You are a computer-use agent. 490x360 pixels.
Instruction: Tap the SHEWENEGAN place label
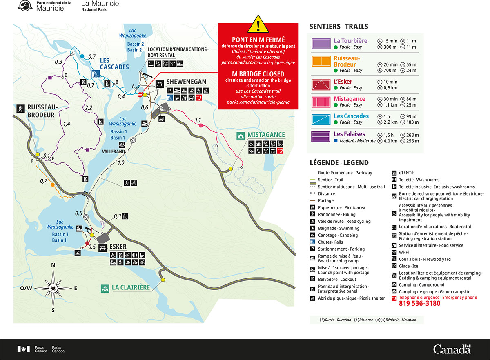(186, 82)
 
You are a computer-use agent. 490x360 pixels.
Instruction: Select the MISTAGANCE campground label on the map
(266, 135)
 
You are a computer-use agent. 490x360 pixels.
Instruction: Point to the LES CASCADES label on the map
(114, 64)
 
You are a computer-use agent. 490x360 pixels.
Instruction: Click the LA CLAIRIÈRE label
(131, 288)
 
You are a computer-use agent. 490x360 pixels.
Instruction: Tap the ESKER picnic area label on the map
(118, 247)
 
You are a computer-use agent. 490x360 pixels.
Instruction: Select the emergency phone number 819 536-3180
(419, 304)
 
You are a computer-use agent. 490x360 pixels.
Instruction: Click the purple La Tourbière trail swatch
(321, 44)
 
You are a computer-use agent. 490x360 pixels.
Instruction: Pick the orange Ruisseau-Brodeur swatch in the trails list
(321, 61)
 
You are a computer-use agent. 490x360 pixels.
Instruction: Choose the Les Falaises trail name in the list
(349, 134)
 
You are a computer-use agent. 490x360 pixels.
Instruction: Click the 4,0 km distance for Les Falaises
(390, 141)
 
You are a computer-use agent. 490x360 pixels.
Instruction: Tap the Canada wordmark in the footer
(452, 349)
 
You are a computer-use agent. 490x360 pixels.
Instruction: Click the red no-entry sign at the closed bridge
(140, 95)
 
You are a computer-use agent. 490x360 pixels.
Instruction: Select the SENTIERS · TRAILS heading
(339, 27)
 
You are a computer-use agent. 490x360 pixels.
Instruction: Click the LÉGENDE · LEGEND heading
(339, 163)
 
